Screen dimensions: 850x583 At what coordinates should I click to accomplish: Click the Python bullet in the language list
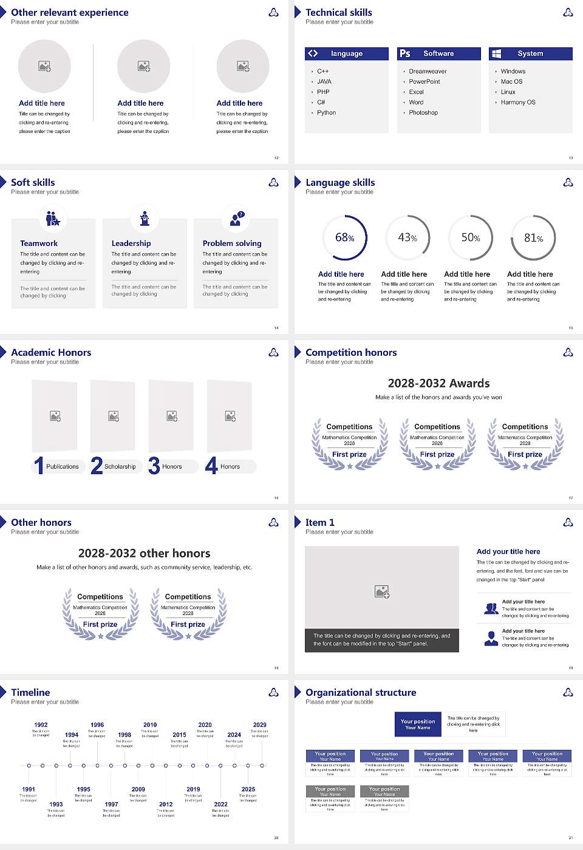pos(326,113)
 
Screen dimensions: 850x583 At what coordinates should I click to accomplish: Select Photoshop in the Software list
pos(423,113)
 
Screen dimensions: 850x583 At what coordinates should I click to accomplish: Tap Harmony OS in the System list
pos(518,103)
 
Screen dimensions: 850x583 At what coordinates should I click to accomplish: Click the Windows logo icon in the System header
pos(496,53)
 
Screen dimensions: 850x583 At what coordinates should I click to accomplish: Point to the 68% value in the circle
pos(344,238)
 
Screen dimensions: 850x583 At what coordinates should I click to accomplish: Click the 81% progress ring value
pos(533,238)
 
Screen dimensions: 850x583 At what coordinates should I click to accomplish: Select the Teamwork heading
pos(39,243)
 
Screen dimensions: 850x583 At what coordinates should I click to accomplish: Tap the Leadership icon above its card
pos(145,218)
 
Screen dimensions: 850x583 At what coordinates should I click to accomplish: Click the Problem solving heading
pos(232,243)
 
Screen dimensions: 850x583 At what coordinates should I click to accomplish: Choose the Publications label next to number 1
pos(63,467)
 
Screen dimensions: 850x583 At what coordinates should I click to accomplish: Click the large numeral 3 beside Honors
pos(154,466)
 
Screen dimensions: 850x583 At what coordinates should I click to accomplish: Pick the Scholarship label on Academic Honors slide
pos(120,467)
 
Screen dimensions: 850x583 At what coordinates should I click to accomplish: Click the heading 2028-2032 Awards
pos(438,383)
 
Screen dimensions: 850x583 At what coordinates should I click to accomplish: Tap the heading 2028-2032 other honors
pos(145,553)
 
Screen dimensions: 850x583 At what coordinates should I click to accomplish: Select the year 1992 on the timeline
pos(41,725)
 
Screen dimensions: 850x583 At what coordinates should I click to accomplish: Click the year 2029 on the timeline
pos(260,725)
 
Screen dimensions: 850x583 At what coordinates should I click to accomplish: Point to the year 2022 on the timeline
pos(221,804)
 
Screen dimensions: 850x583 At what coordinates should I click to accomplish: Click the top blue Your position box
pos(418,724)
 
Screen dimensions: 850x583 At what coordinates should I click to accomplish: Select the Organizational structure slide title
pos(361,693)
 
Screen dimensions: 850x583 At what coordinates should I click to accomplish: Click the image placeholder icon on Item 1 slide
pos(382,591)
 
